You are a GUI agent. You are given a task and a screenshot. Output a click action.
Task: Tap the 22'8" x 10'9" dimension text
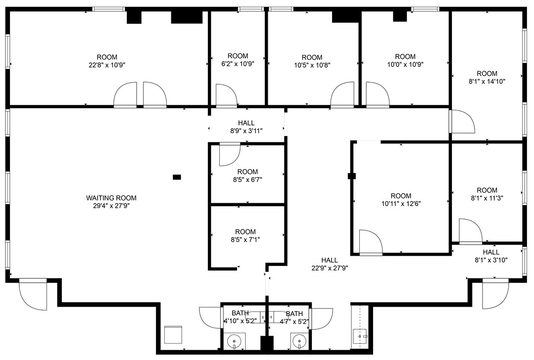(107, 64)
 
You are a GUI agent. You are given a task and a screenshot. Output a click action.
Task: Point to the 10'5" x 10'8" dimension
(312, 64)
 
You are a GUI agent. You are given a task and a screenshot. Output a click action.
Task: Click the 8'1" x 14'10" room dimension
(487, 82)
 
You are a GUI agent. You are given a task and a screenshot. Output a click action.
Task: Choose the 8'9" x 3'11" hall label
(246, 131)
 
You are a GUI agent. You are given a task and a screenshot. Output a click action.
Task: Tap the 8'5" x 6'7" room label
(247, 180)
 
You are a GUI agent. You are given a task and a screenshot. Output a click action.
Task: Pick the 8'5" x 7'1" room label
(245, 239)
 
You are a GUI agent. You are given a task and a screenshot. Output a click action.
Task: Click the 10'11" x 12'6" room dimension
(401, 203)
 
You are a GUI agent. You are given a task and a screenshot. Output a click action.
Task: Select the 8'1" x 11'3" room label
(487, 198)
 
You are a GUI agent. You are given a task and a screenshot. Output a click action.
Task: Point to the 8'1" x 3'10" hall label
(491, 260)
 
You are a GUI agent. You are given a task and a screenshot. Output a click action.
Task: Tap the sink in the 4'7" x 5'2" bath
(298, 340)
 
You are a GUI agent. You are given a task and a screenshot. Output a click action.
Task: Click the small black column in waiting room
(177, 177)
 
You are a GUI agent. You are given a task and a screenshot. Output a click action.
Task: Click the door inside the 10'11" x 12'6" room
(370, 242)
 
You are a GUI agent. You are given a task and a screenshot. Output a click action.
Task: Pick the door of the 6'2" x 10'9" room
(226, 95)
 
